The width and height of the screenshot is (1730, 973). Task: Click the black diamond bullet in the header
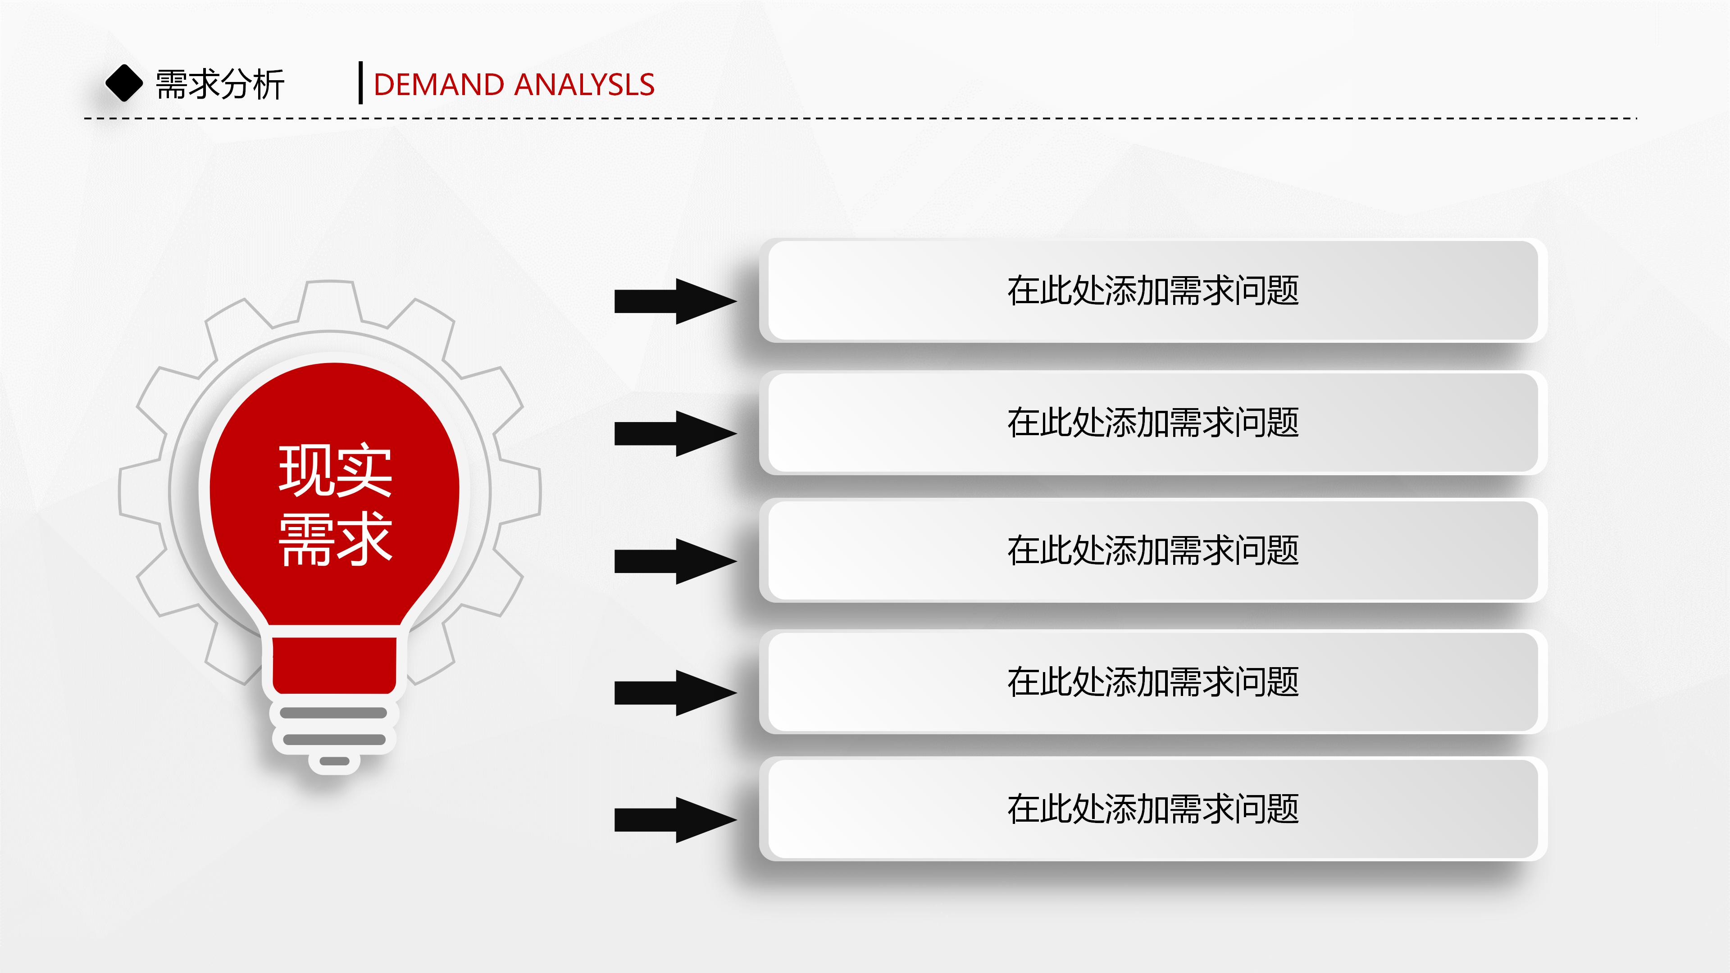[124, 83]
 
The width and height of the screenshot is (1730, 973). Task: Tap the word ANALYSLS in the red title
[584, 85]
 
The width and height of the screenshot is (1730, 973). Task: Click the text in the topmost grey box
[1152, 291]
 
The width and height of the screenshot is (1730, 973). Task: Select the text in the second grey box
[1152, 423]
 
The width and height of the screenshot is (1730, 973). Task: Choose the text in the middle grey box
[1152, 550]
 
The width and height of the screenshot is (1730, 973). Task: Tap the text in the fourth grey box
[1152, 682]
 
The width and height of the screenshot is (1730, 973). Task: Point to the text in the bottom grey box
[1152, 809]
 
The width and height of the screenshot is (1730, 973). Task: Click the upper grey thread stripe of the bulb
[334, 713]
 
